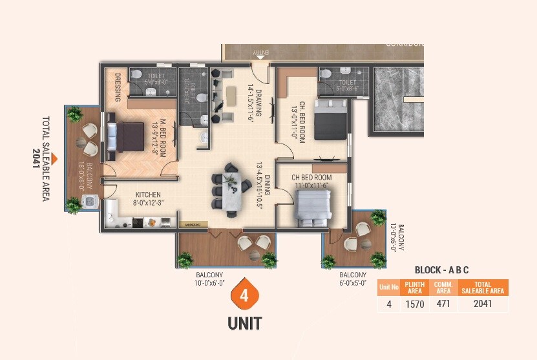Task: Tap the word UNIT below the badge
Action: click(x=244, y=321)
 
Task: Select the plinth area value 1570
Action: click(x=414, y=304)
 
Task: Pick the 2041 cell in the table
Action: click(x=483, y=304)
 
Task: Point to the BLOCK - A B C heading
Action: click(x=441, y=270)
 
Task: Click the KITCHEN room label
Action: click(x=148, y=198)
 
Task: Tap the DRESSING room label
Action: click(x=118, y=87)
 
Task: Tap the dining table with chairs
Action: click(x=229, y=187)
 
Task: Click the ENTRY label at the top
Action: click(x=260, y=52)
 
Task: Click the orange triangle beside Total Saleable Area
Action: click(x=55, y=158)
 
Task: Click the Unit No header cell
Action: click(x=389, y=288)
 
